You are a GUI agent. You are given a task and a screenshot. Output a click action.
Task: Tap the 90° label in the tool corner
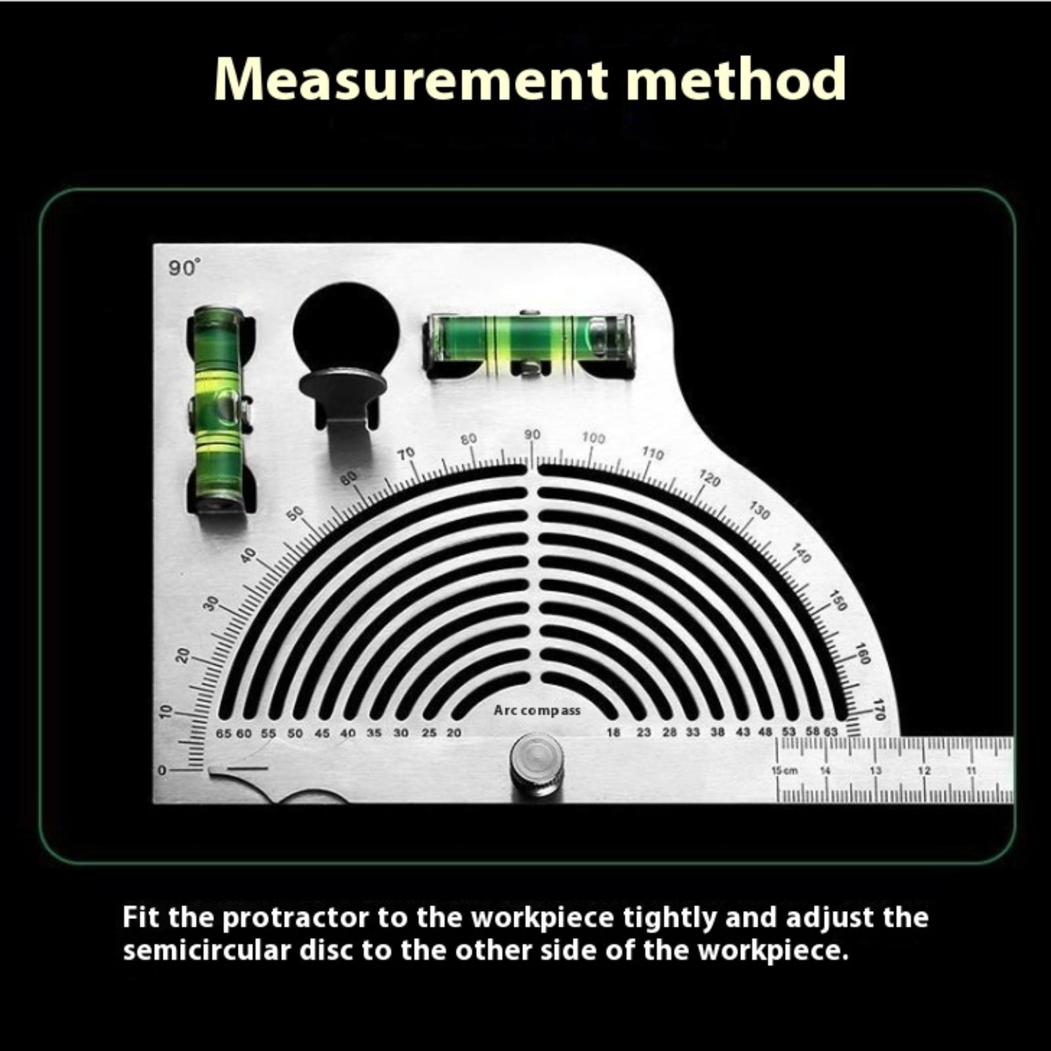184,268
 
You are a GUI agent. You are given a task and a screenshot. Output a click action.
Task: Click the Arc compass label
537,710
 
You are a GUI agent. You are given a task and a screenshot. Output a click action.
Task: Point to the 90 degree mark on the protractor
532,435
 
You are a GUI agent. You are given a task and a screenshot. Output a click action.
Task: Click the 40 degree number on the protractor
248,556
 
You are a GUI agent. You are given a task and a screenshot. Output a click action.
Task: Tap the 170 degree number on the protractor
879,709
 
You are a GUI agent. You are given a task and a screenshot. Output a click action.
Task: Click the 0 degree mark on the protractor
161,771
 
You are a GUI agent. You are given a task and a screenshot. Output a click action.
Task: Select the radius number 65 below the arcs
223,733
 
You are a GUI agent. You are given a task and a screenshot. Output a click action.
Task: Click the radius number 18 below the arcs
613,732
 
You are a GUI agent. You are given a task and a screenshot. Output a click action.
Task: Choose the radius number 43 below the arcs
743,732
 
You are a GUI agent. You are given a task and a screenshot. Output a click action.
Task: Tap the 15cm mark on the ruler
784,771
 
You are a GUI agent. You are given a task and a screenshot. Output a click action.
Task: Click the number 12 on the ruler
924,771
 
